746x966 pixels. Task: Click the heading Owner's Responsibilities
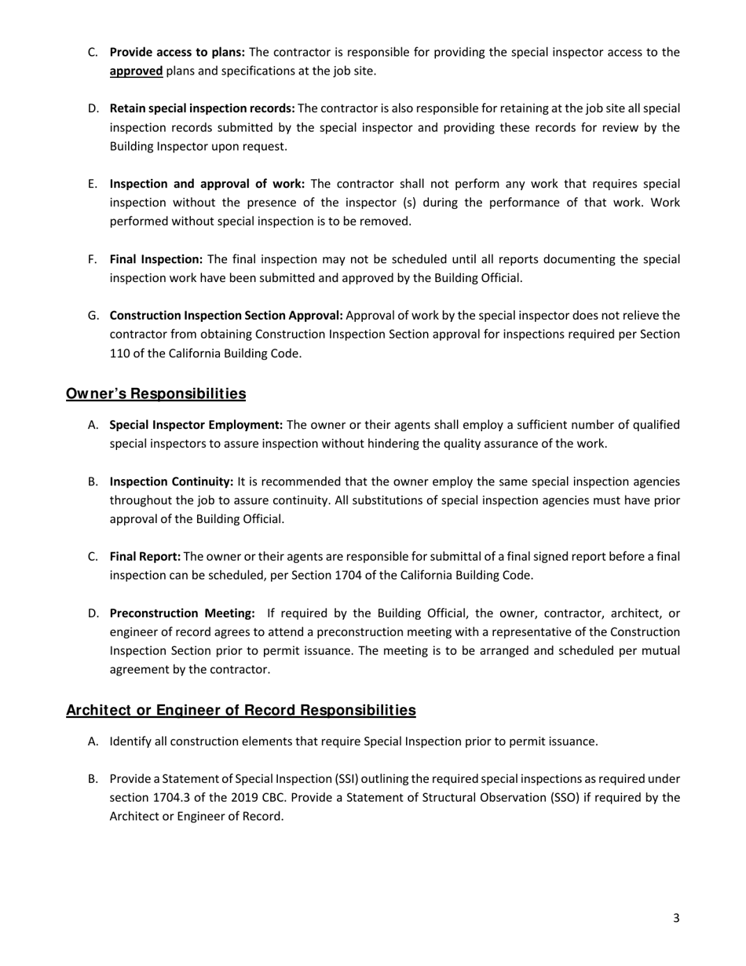[155, 393]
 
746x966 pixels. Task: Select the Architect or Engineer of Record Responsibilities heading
[240, 711]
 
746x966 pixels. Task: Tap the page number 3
[676, 917]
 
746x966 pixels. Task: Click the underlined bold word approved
[136, 71]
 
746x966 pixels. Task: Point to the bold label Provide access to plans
[177, 53]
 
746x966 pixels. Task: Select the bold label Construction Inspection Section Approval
[226, 316]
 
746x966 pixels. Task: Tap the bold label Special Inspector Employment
[196, 425]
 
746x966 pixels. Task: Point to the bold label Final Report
[145, 557]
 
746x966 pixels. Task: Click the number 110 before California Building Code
[119, 353]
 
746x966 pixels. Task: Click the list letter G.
[93, 316]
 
